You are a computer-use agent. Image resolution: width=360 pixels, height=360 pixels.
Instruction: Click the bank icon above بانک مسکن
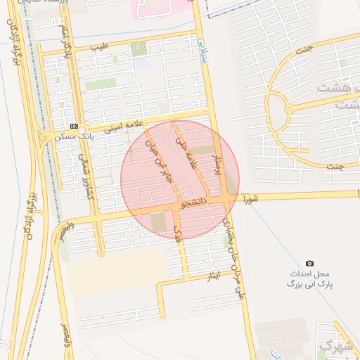coord(74,127)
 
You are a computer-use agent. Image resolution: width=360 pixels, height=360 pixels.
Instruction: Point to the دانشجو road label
coord(194,204)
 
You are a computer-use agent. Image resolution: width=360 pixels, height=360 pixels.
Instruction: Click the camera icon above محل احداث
coord(309,262)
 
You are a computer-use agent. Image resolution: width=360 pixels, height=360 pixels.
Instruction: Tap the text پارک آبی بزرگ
coord(309,284)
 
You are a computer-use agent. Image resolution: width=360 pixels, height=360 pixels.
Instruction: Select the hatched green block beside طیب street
coord(139,49)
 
